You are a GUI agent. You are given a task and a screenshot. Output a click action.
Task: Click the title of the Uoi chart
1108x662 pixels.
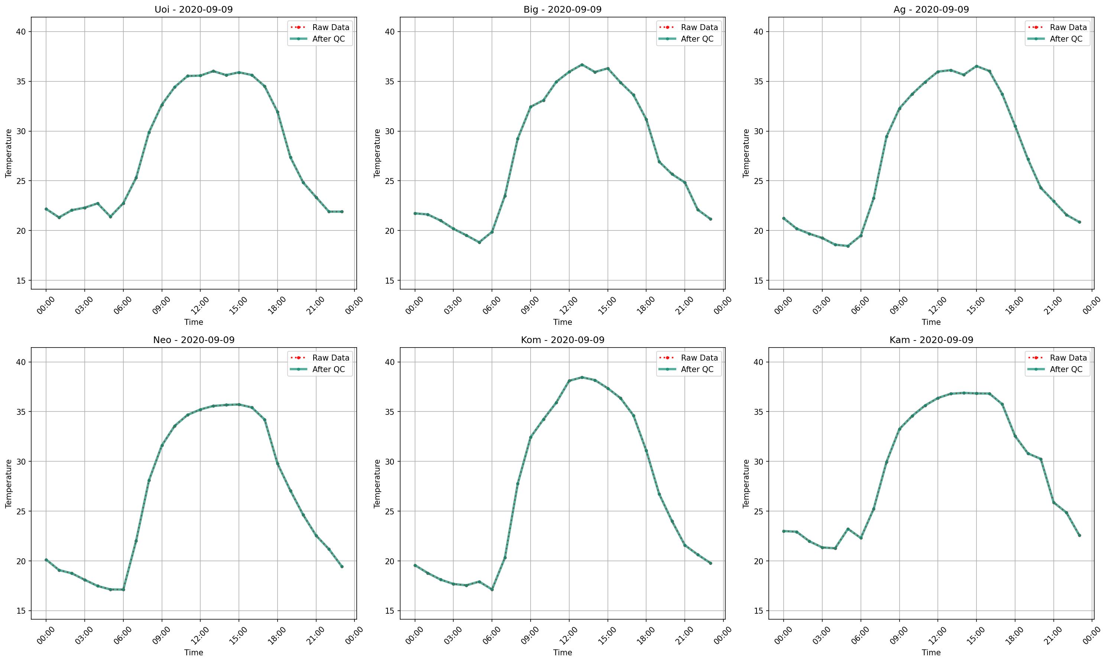[x=194, y=9]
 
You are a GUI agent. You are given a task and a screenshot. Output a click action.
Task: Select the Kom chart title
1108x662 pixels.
[x=562, y=340]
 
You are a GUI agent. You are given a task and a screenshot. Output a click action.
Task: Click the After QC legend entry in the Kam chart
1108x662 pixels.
[x=1066, y=369]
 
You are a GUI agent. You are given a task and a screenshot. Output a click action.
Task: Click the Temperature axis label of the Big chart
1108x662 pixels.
[x=377, y=153]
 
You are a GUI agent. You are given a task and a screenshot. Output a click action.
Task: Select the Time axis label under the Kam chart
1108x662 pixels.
[x=931, y=653]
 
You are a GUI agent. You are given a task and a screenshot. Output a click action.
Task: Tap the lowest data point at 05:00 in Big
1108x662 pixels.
[x=479, y=242]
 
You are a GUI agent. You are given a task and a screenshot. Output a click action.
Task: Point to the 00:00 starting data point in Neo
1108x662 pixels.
[x=46, y=560]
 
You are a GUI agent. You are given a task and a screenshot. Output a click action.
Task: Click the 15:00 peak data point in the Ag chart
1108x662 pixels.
[x=976, y=66]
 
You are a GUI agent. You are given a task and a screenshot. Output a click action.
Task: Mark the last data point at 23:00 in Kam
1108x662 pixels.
[x=1079, y=535]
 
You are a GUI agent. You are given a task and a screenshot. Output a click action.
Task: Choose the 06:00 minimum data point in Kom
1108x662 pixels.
[x=492, y=590]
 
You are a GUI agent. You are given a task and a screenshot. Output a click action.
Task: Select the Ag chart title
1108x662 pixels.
[x=931, y=9]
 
